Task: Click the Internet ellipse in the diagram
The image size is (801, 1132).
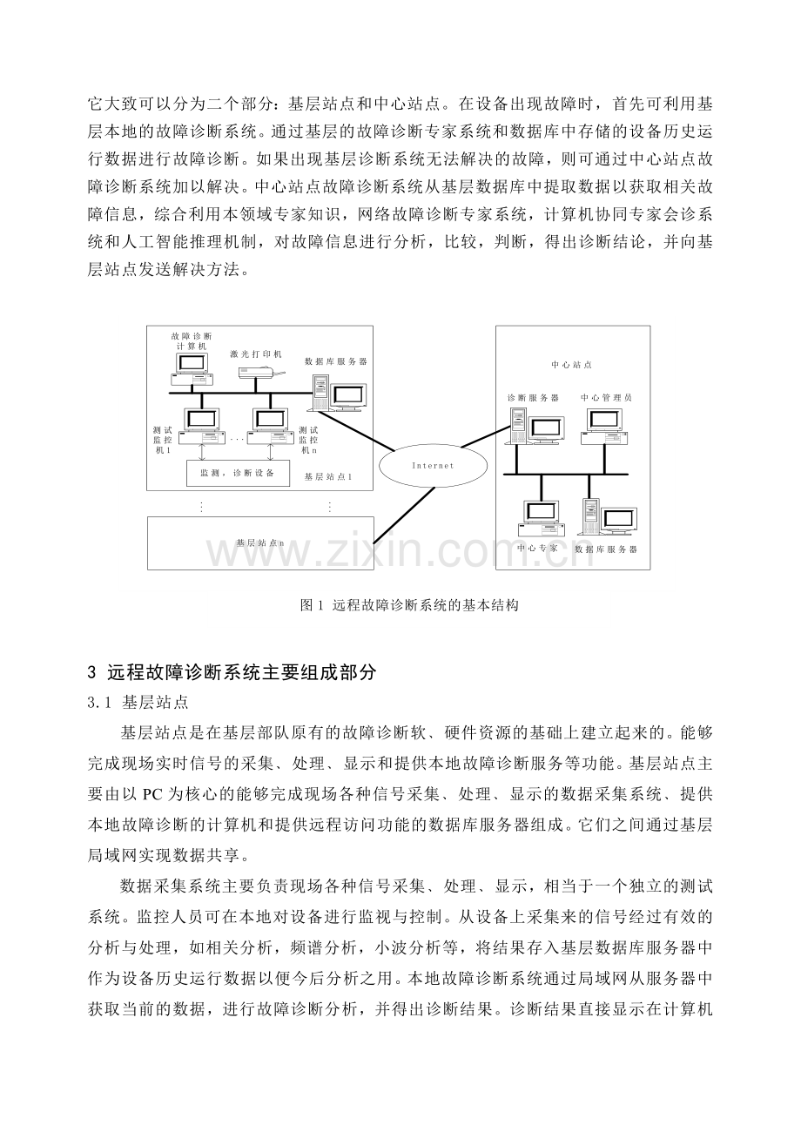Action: [x=433, y=466]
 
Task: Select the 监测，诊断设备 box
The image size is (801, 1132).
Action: [x=237, y=473]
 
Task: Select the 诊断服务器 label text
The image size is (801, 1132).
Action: [x=534, y=397]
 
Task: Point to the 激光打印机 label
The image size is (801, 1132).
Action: [x=256, y=354]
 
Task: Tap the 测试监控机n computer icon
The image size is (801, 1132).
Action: [x=272, y=423]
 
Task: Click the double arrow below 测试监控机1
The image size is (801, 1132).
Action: [x=202, y=451]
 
